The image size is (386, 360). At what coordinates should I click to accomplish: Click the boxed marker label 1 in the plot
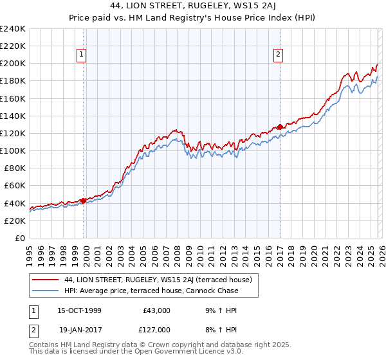(82, 55)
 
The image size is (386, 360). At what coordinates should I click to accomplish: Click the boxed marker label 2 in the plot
(279, 55)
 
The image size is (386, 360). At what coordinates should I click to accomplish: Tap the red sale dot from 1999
(83, 201)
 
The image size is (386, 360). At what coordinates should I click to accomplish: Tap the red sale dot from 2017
(280, 127)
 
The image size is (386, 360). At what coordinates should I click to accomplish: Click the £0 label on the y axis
(20, 238)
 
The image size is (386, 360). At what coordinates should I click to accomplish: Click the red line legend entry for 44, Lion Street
(161, 280)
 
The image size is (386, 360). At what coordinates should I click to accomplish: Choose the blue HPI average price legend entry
(151, 291)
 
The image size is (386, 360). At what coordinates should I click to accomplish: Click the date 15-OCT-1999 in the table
(80, 310)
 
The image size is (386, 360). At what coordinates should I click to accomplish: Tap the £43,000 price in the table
(156, 310)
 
